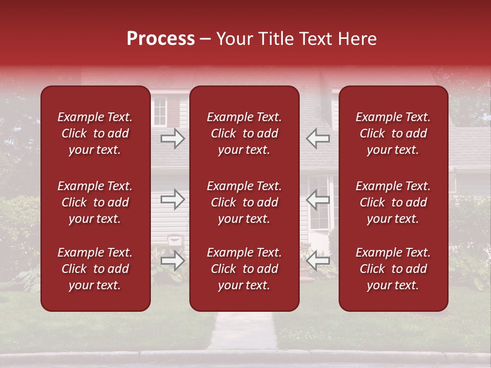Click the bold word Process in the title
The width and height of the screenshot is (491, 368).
(161, 39)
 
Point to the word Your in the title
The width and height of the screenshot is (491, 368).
(234, 39)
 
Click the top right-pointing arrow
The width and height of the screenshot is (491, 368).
(173, 139)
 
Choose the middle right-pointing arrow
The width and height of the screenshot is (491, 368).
(173, 199)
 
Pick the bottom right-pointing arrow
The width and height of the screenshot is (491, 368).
(173, 261)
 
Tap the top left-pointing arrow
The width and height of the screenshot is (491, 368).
(318, 138)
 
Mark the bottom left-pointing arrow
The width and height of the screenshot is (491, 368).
(318, 261)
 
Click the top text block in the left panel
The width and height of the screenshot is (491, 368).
(95, 133)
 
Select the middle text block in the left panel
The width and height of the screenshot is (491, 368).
(95, 202)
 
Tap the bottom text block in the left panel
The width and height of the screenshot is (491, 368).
(95, 269)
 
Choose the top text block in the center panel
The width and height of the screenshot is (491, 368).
(244, 133)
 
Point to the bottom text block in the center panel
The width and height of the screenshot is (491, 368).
(244, 269)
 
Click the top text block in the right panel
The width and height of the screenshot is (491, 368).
(393, 133)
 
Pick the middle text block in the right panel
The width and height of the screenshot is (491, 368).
(393, 202)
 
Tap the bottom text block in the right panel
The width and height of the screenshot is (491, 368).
(393, 269)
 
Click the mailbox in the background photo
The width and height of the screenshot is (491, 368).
(175, 239)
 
